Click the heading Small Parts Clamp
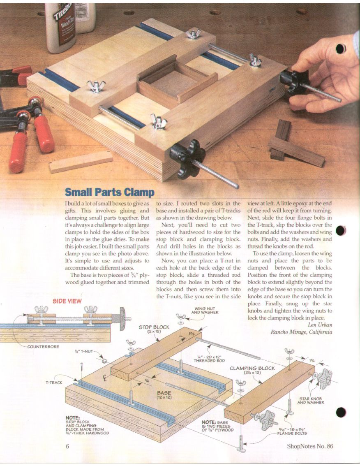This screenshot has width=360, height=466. [110, 192]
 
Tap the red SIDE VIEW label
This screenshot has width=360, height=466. [67, 301]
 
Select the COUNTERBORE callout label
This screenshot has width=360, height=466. [44, 347]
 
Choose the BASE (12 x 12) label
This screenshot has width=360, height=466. [164, 395]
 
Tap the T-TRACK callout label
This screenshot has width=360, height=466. [54, 383]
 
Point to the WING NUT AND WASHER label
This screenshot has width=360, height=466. [205, 311]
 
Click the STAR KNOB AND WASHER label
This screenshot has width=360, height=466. [311, 401]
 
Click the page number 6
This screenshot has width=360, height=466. [67, 446]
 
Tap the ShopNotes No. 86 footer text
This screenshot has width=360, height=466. [310, 446]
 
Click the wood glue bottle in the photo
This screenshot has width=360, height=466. [61, 27]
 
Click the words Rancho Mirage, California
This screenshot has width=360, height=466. [301, 332]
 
